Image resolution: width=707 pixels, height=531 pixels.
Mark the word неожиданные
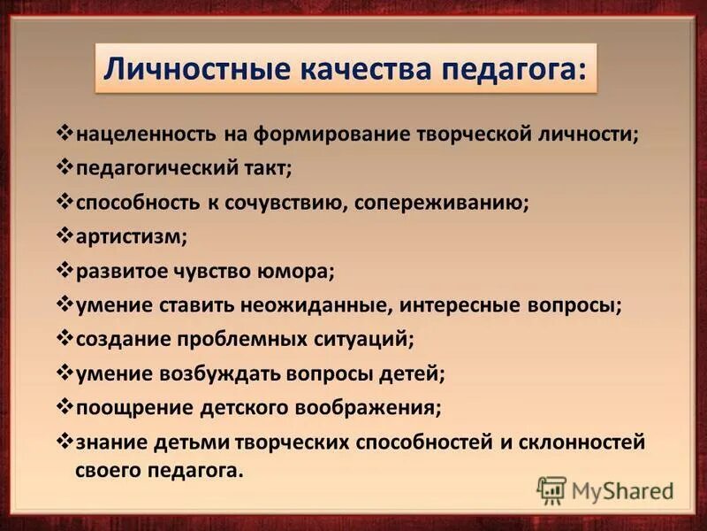327,305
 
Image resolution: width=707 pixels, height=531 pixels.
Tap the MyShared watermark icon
552,489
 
